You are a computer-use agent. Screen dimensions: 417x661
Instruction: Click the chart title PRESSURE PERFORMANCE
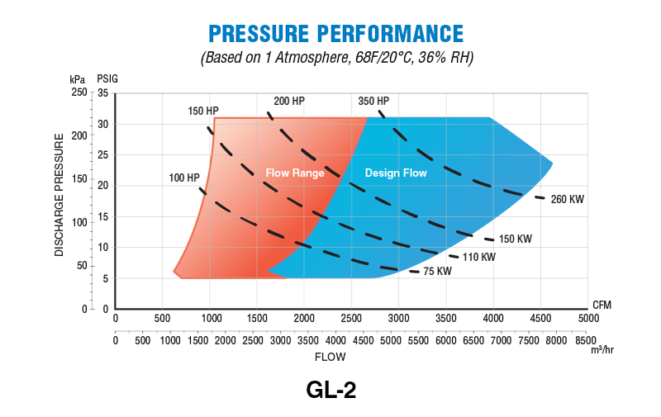[x=335, y=33]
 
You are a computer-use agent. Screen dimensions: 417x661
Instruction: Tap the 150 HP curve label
[x=203, y=111]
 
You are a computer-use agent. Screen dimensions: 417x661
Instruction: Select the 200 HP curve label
[x=289, y=101]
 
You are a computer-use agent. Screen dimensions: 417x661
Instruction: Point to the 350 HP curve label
[x=373, y=101]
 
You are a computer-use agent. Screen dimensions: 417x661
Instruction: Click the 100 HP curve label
[x=183, y=178]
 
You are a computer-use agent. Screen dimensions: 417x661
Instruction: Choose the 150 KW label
[x=515, y=239]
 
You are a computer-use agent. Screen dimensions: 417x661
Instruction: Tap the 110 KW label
[x=479, y=257]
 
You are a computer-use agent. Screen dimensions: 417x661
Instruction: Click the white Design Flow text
[x=396, y=173]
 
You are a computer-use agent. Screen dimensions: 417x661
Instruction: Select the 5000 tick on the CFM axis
[x=587, y=319]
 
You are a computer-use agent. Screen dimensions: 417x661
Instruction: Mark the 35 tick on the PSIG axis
[x=103, y=93]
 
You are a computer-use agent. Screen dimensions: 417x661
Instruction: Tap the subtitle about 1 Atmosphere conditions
[x=335, y=59]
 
